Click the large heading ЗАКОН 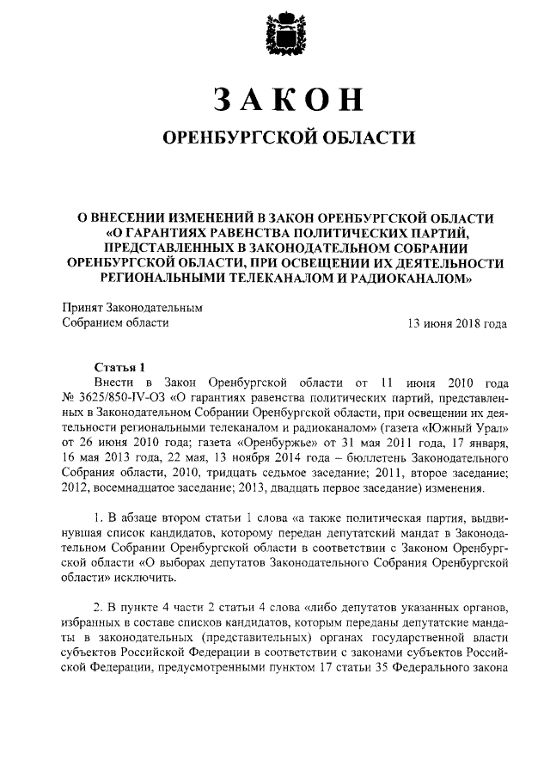[275, 101]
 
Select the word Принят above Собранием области [82, 307]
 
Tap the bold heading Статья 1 [121, 364]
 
